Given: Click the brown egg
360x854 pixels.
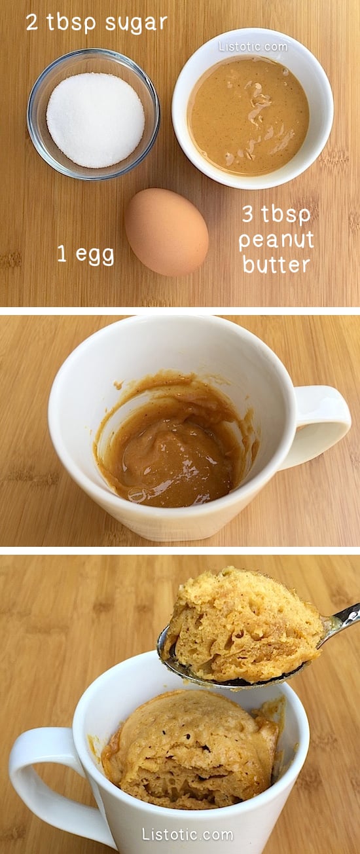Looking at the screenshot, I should pyautogui.click(x=166, y=232).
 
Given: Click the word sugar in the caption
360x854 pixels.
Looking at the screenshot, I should pyautogui.click(x=135, y=24).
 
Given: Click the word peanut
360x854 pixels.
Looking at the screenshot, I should pyautogui.click(x=276, y=241).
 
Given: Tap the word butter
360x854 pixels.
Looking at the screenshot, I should pyautogui.click(x=276, y=264).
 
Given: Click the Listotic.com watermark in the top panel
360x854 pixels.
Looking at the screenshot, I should pyautogui.click(x=253, y=46).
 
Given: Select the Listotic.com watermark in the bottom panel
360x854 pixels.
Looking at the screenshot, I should pyautogui.click(x=187, y=834).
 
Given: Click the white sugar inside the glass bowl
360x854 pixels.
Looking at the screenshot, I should pyautogui.click(x=95, y=119).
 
